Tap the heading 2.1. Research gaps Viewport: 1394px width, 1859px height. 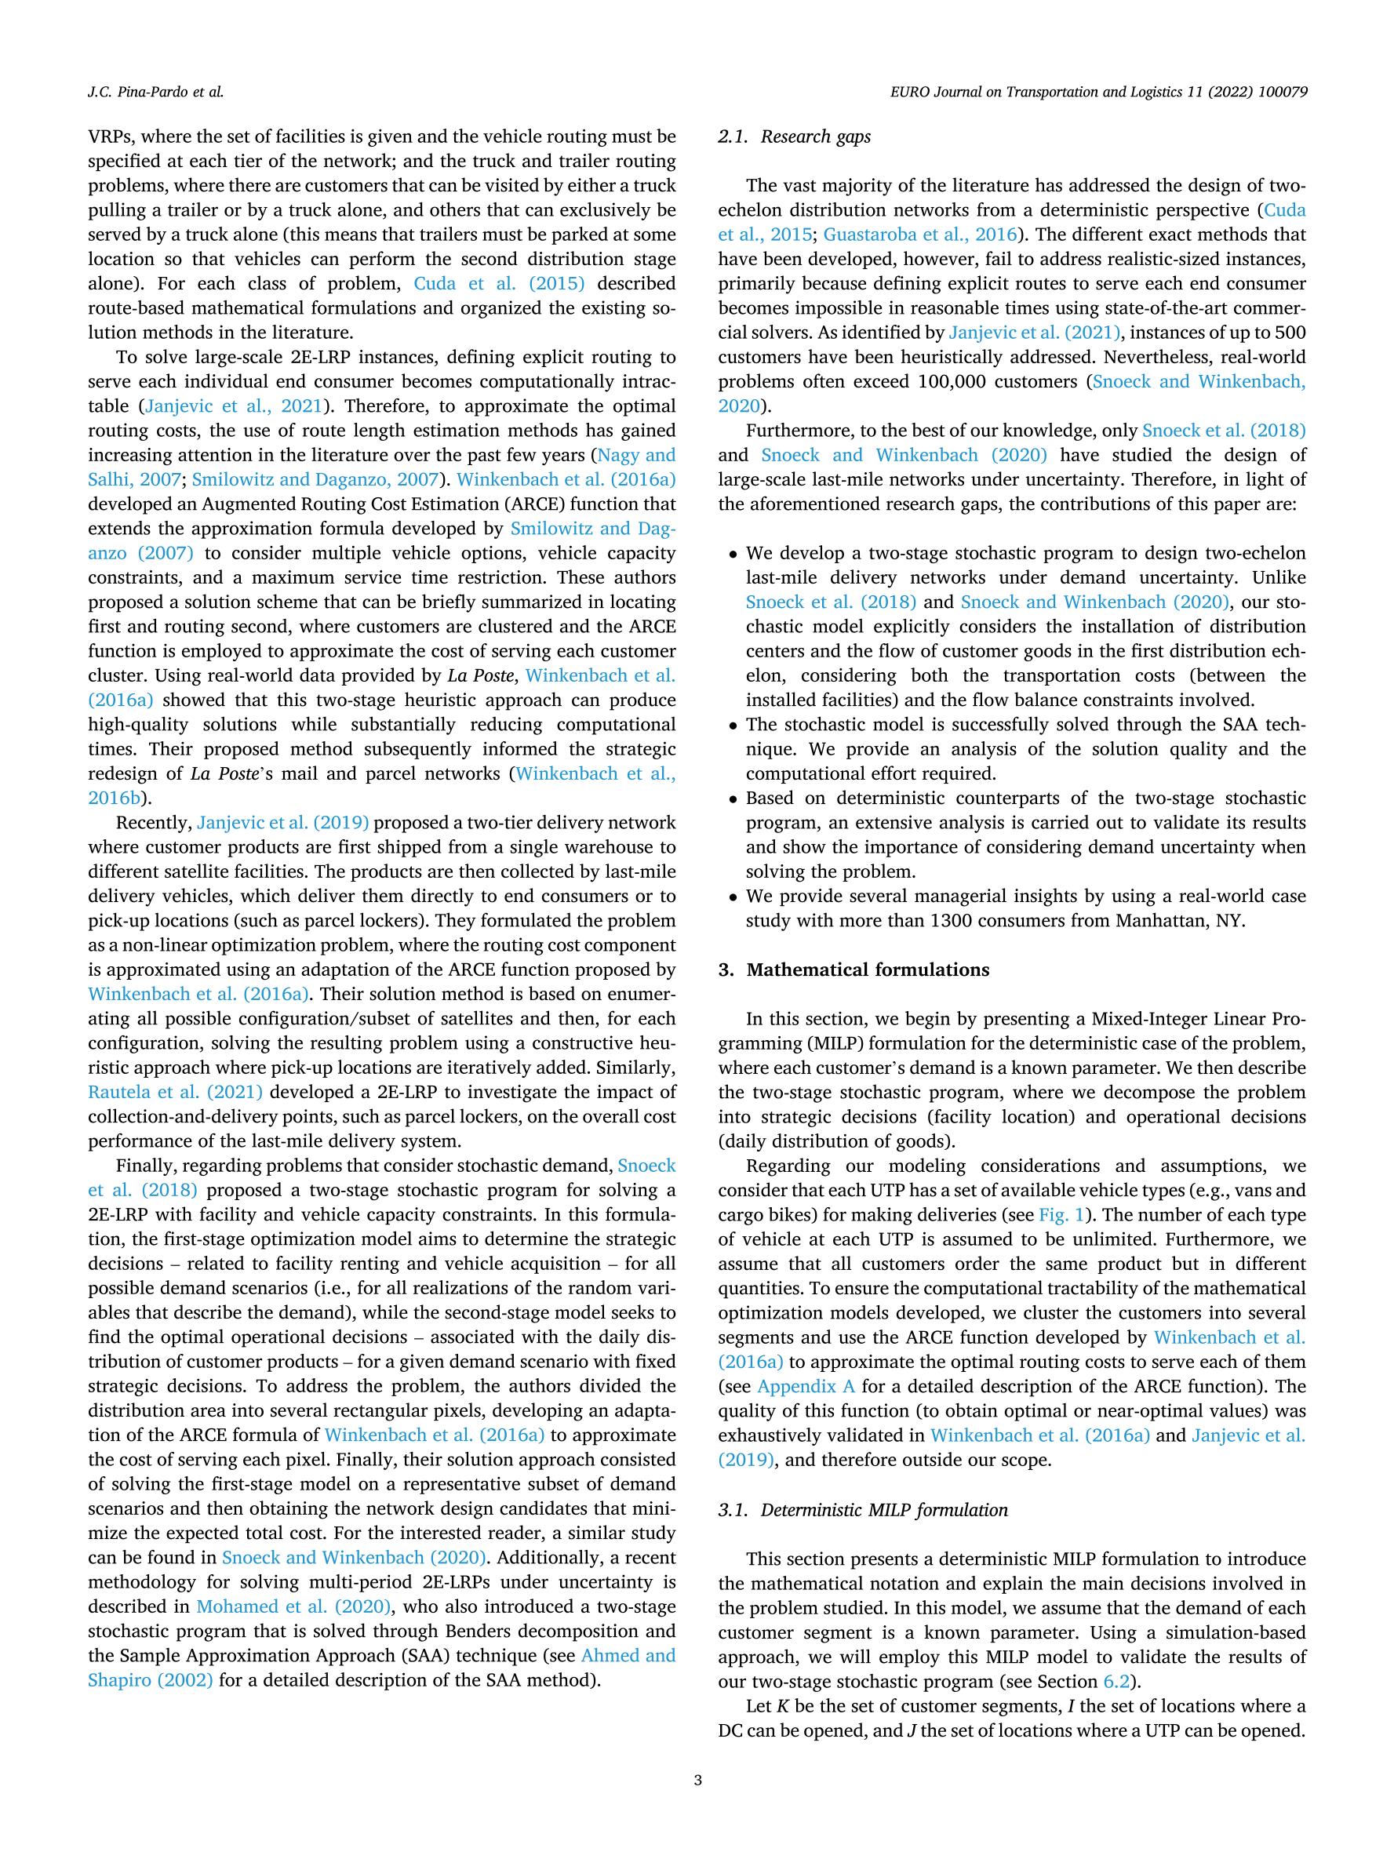click(794, 137)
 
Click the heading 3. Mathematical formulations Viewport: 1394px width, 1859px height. click(853, 970)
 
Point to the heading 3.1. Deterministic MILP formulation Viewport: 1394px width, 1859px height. click(863, 1509)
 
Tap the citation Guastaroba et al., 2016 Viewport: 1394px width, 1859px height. click(920, 235)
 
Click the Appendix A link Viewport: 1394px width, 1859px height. click(806, 1387)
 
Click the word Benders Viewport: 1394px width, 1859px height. click(446, 1632)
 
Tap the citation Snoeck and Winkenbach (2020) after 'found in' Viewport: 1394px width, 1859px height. click(355, 1558)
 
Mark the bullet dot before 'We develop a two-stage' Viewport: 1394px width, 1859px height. click(733, 555)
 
